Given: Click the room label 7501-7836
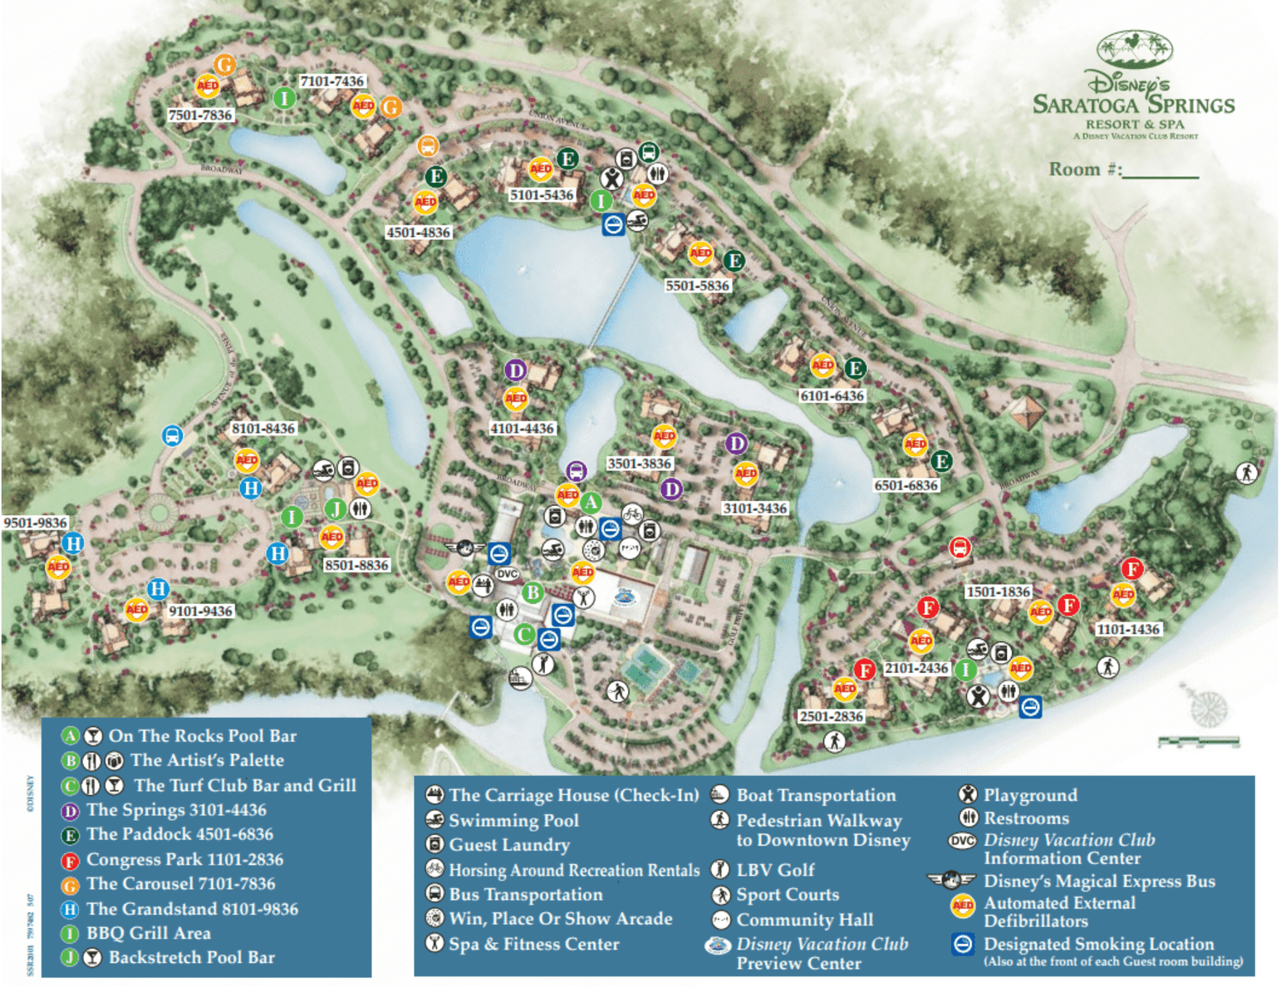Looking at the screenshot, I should (200, 115).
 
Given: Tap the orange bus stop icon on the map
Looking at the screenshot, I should (427, 146).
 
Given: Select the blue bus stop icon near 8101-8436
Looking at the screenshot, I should (172, 435).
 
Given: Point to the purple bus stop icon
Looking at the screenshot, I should (576, 471).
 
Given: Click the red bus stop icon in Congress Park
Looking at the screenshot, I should (960, 548).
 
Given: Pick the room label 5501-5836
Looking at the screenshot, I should (697, 286).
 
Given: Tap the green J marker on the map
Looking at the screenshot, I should (335, 508).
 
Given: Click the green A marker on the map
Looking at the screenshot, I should (591, 502).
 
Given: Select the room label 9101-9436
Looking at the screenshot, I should (200, 611).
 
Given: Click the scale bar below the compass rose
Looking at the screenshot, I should (1198, 741).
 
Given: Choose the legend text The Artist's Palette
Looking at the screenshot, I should (207, 760).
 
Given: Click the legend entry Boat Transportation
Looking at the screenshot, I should (816, 796).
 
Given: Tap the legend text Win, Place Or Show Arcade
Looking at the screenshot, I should (561, 919).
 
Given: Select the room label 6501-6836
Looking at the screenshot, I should (906, 485).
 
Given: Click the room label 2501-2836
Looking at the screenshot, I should (831, 716).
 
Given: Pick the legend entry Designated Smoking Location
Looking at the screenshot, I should (1098, 945).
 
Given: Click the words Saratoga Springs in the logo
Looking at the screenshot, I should (1133, 106).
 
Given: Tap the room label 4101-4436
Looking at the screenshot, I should (522, 429).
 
